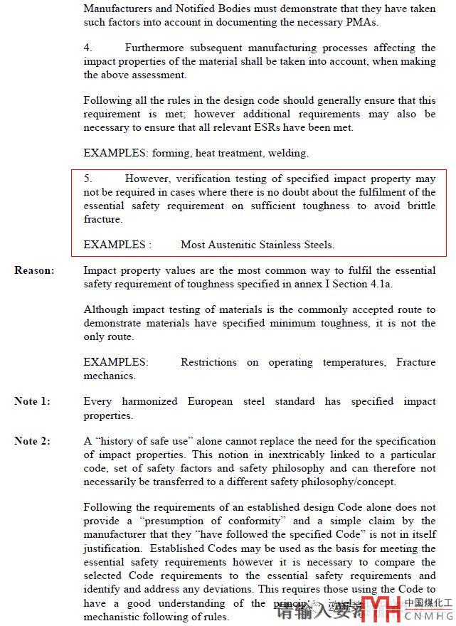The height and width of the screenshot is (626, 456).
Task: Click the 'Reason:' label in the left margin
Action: pyautogui.click(x=33, y=271)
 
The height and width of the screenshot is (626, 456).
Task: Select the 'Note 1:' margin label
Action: pyautogui.click(x=32, y=402)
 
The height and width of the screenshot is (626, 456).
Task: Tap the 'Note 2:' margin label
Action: pyautogui.click(x=32, y=442)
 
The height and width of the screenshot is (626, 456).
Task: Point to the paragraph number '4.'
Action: pyautogui.click(x=88, y=48)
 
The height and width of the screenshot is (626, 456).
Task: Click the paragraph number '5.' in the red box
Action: pyautogui.click(x=88, y=179)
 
